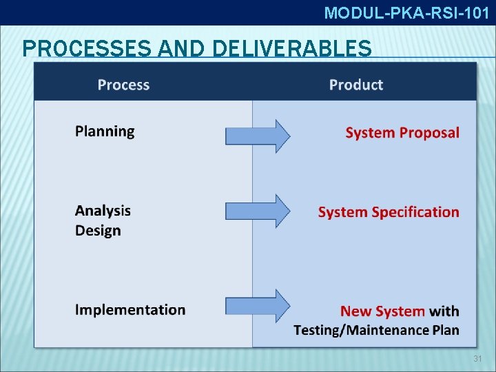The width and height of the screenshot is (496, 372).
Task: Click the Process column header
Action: (x=123, y=85)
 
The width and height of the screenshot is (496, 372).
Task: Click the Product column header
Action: (x=355, y=85)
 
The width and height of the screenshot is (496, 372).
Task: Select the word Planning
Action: (x=105, y=132)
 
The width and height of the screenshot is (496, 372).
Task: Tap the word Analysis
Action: (x=103, y=211)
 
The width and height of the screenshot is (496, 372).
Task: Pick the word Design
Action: (x=98, y=231)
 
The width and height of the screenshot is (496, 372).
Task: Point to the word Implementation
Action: (x=130, y=310)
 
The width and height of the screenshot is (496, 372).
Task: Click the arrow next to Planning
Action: (x=258, y=136)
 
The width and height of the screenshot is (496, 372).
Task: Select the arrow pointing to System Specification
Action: (x=258, y=211)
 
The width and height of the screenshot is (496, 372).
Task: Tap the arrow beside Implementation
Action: (x=258, y=306)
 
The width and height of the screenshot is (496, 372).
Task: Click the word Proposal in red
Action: (x=429, y=133)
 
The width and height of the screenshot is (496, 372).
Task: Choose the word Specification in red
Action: (x=415, y=212)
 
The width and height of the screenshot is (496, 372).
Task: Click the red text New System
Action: (x=383, y=312)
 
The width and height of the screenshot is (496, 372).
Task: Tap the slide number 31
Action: (x=477, y=359)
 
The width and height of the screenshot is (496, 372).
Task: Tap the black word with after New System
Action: (x=445, y=312)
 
